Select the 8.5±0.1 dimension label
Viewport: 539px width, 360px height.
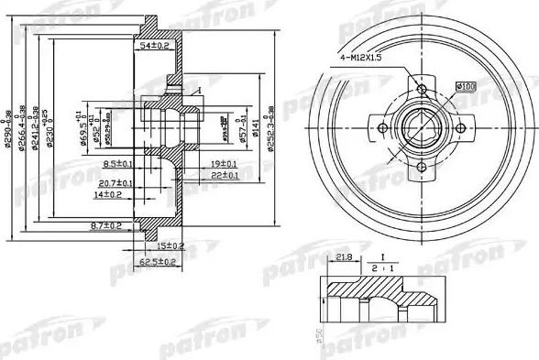pyautogui.click(x=119, y=163)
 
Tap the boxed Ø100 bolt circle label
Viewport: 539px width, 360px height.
pyautogui.click(x=465, y=86)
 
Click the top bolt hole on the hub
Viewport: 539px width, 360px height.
pyautogui.click(x=421, y=89)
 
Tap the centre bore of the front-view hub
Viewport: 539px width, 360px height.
pyautogui.click(x=421, y=127)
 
